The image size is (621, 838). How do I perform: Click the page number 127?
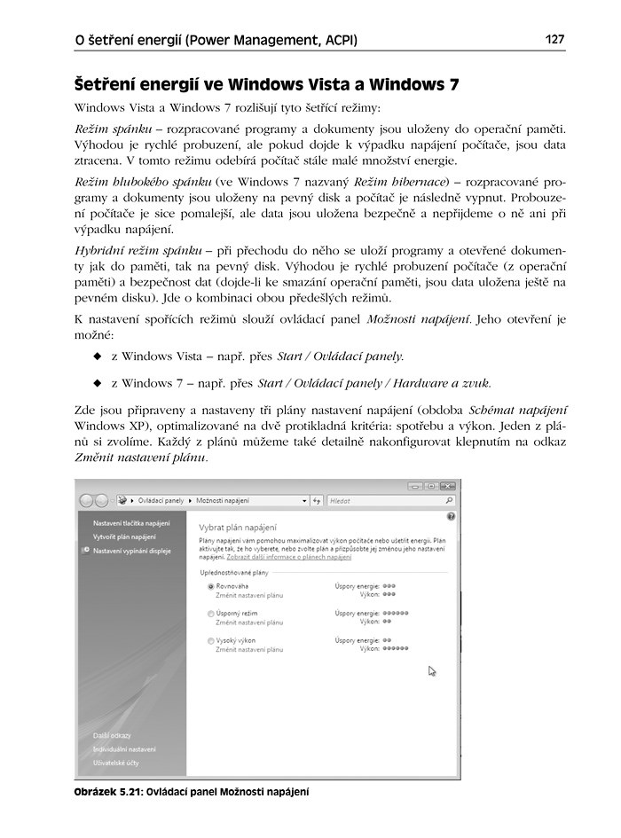555,39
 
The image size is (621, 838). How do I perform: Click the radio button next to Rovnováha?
210,586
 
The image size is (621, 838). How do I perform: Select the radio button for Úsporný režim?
210,613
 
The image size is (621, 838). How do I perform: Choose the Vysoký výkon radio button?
210,640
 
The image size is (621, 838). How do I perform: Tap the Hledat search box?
387,501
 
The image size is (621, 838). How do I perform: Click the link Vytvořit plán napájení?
124,536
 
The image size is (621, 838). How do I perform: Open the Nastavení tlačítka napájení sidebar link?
131,523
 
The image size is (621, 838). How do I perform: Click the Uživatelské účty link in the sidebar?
115,762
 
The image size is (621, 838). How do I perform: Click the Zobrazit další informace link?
276,557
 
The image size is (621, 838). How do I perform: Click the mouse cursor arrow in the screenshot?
432,671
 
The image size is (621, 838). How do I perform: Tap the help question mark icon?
452,515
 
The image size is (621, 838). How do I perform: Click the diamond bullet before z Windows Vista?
98,356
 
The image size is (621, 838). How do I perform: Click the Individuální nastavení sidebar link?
123,749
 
